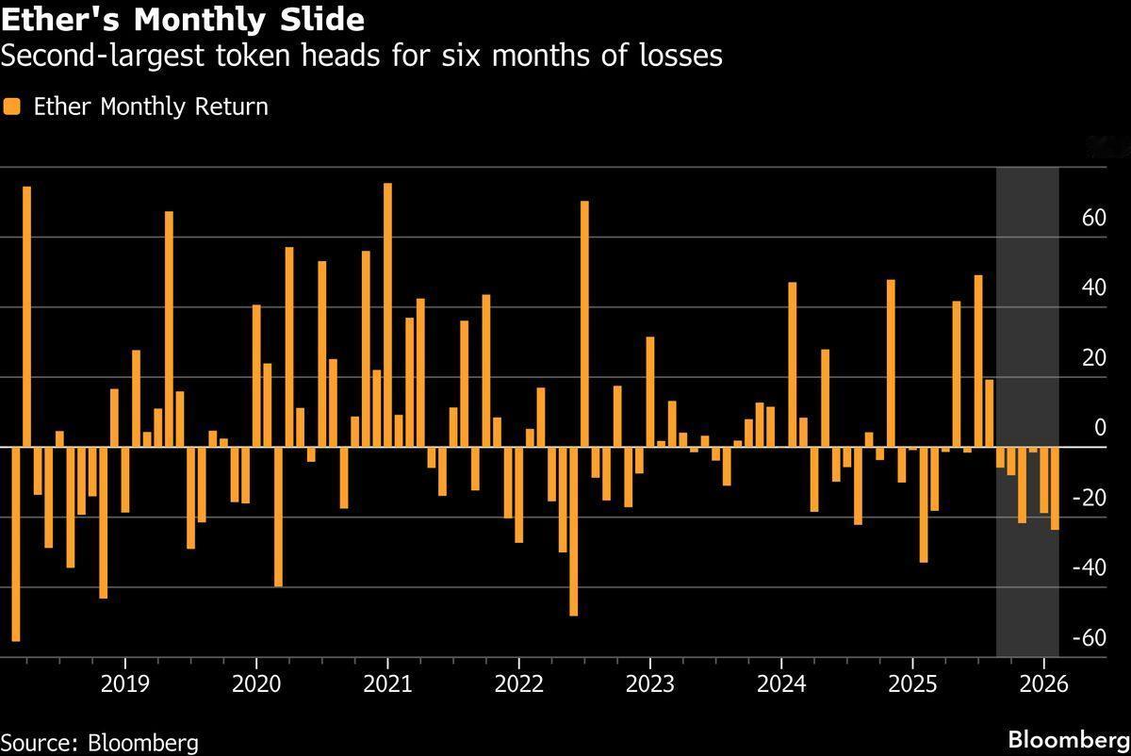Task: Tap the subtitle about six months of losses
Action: point(361,57)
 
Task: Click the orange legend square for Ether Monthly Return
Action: point(12,107)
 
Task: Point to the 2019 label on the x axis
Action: point(124,683)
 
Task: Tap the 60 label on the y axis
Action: point(1093,219)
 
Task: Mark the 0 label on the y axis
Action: point(1100,429)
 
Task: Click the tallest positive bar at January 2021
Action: point(387,315)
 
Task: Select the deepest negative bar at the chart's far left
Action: point(16,544)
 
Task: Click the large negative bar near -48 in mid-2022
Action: point(573,531)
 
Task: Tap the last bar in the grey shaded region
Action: point(1054,488)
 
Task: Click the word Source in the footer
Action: point(38,743)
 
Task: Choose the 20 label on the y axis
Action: point(1093,358)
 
